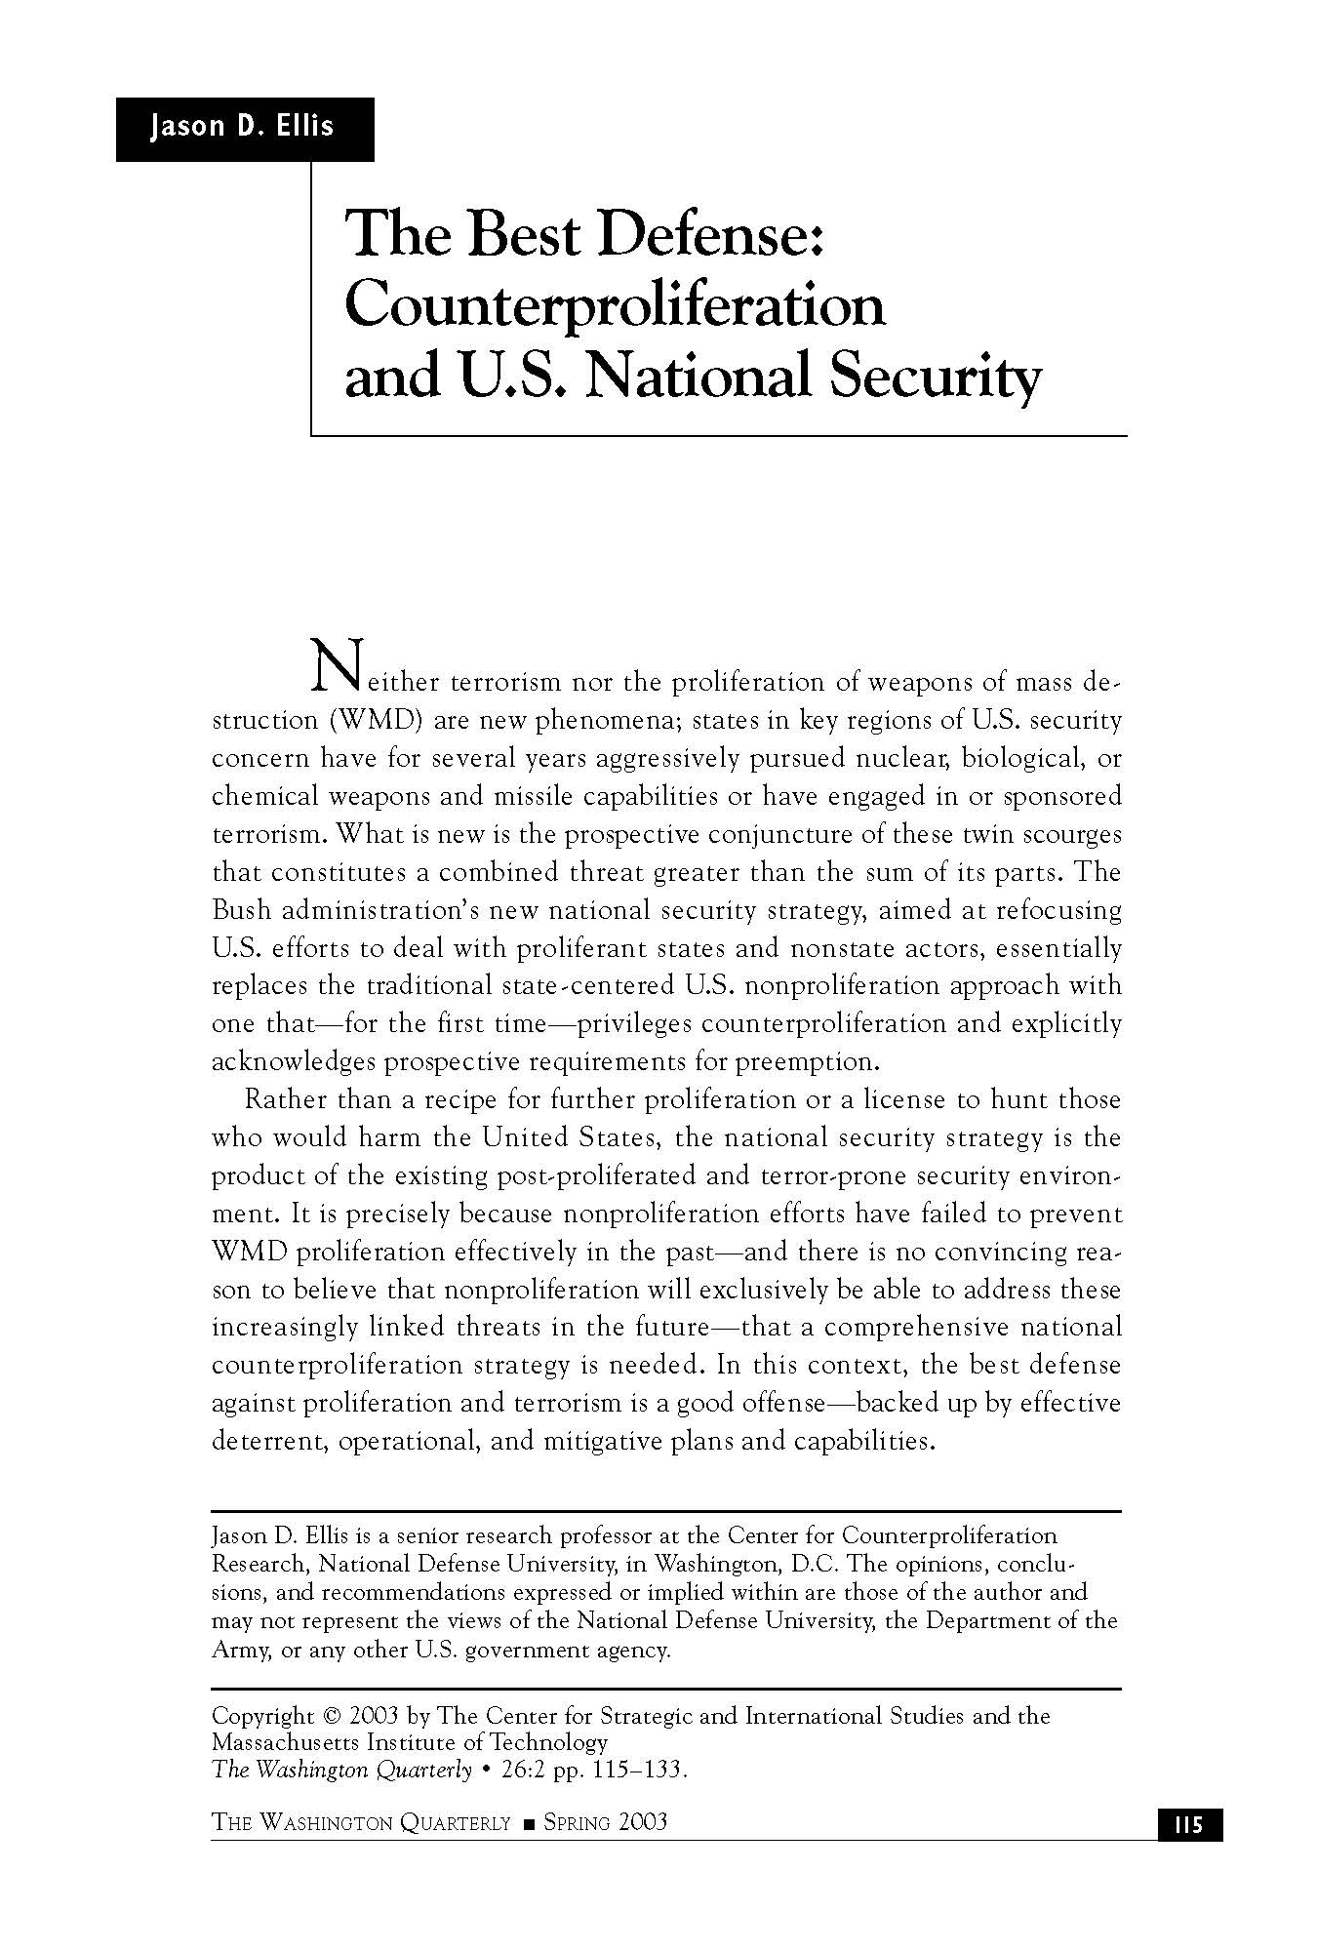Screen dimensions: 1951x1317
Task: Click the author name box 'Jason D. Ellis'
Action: (243, 128)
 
